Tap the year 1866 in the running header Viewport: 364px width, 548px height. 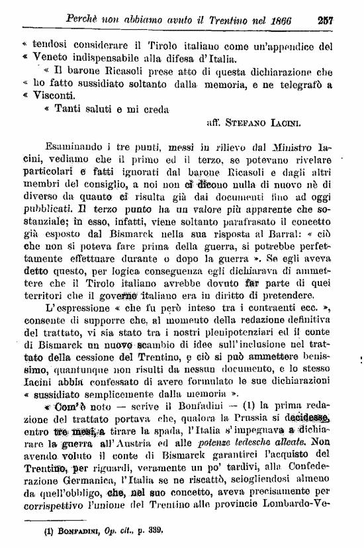(291, 20)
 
